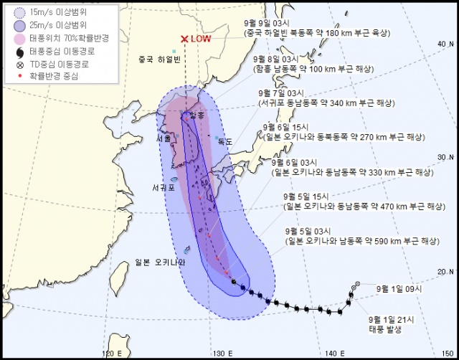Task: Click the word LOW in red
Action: pos(201,39)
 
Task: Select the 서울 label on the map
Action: pos(164,138)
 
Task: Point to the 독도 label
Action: pos(224,142)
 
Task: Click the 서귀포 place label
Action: pos(164,189)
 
